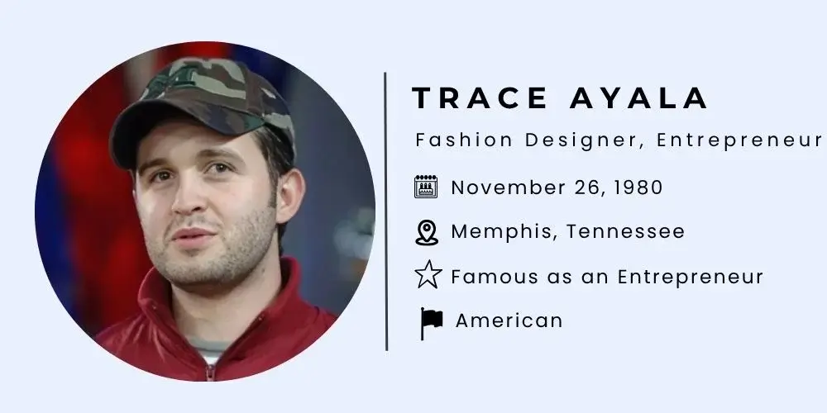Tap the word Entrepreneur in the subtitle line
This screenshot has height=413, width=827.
(741, 140)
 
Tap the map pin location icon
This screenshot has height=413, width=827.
(426, 233)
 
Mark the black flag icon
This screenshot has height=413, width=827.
(430, 323)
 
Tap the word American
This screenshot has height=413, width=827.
(509, 320)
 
